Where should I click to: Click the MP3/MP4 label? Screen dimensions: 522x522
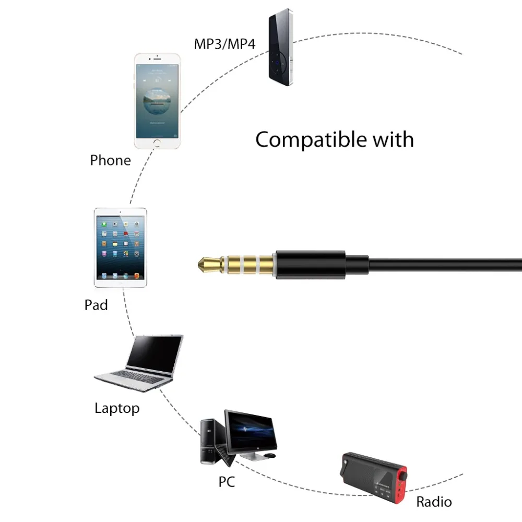(224, 44)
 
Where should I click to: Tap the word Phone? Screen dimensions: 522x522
(111, 160)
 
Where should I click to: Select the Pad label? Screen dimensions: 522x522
(96, 305)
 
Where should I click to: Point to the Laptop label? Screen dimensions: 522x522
(117, 409)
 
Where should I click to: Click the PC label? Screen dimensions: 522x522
(227, 482)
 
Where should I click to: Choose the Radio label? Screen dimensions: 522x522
(434, 502)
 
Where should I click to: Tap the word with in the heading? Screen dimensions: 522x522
(393, 139)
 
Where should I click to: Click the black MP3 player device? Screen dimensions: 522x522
(281, 48)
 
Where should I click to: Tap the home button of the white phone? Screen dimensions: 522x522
(157, 144)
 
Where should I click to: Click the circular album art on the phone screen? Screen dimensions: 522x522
(157, 101)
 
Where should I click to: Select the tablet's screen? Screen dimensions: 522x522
(121, 247)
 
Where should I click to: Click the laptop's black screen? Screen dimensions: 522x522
(154, 354)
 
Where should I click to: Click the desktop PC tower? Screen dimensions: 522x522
(210, 442)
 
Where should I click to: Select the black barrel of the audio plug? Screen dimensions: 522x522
(311, 265)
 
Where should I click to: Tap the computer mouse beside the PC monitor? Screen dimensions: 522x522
(270, 455)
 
